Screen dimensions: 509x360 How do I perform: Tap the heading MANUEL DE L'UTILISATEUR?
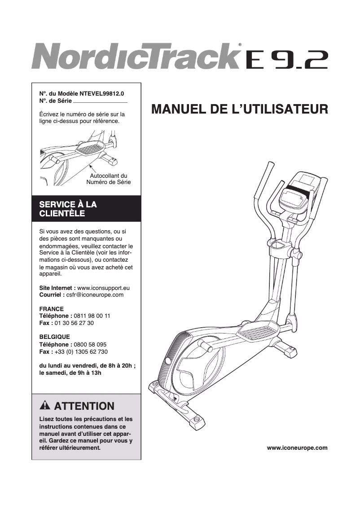pos(240,110)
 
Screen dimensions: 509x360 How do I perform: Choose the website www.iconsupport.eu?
pos(103,288)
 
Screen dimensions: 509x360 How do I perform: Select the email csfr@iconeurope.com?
pos(94,295)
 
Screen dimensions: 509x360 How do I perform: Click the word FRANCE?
pos(52,309)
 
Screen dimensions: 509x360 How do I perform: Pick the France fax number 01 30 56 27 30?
pos(75,323)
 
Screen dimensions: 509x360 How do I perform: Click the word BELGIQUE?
pos(55,337)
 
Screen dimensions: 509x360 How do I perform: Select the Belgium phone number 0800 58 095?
pos(90,344)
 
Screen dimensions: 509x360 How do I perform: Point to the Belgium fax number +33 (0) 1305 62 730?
pos(81,351)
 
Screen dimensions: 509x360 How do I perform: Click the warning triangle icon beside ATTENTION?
pos(44,406)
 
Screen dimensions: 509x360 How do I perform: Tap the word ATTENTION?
pos(84,407)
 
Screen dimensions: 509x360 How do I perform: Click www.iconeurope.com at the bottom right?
pos(297,448)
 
